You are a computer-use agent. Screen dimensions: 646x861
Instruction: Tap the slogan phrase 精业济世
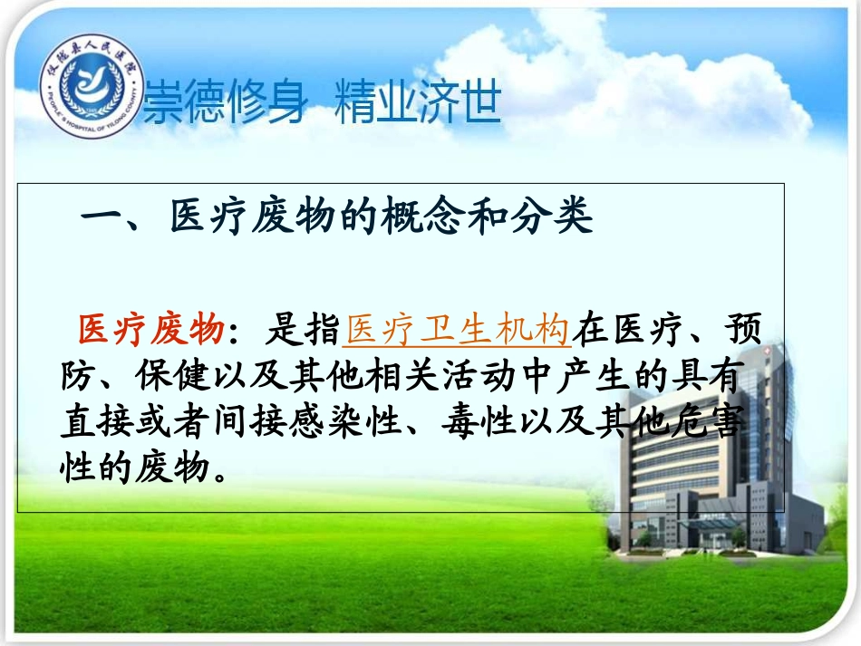point(418,102)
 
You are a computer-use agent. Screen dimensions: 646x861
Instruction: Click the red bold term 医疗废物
point(151,331)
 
